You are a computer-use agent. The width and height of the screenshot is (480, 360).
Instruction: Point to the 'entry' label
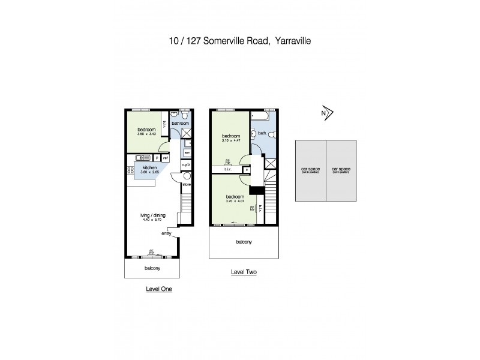pos(166,233)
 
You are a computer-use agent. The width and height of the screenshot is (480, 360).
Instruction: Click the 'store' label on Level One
pos(186,185)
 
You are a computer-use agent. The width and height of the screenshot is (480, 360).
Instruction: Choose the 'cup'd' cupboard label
pos(186,165)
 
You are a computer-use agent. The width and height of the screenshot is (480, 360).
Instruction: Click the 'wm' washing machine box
pos(186,153)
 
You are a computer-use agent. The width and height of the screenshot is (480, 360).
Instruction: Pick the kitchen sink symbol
pos(139,158)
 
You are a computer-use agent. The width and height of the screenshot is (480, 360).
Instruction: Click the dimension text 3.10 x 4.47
pos(231,140)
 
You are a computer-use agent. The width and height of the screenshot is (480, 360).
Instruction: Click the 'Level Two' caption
pos(244,272)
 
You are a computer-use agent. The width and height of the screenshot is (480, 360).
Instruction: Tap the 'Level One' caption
pos(159,289)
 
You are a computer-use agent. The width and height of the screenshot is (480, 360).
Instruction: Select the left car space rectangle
pos(310,170)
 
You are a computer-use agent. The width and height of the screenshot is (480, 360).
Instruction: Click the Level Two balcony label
pos(243,242)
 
